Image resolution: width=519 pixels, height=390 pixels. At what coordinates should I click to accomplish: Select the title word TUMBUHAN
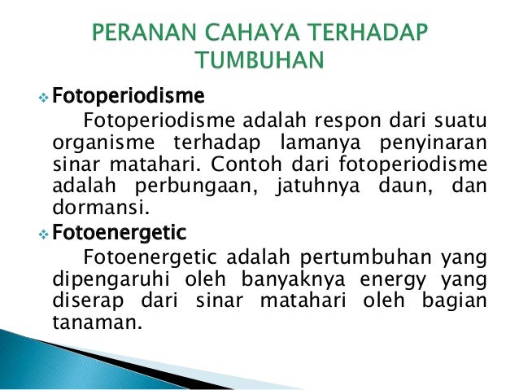pyautogui.click(x=259, y=63)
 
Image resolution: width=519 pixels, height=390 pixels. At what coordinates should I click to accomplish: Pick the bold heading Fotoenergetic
pyautogui.click(x=119, y=233)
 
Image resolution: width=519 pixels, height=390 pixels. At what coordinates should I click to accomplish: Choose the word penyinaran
pyautogui.click(x=430, y=144)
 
